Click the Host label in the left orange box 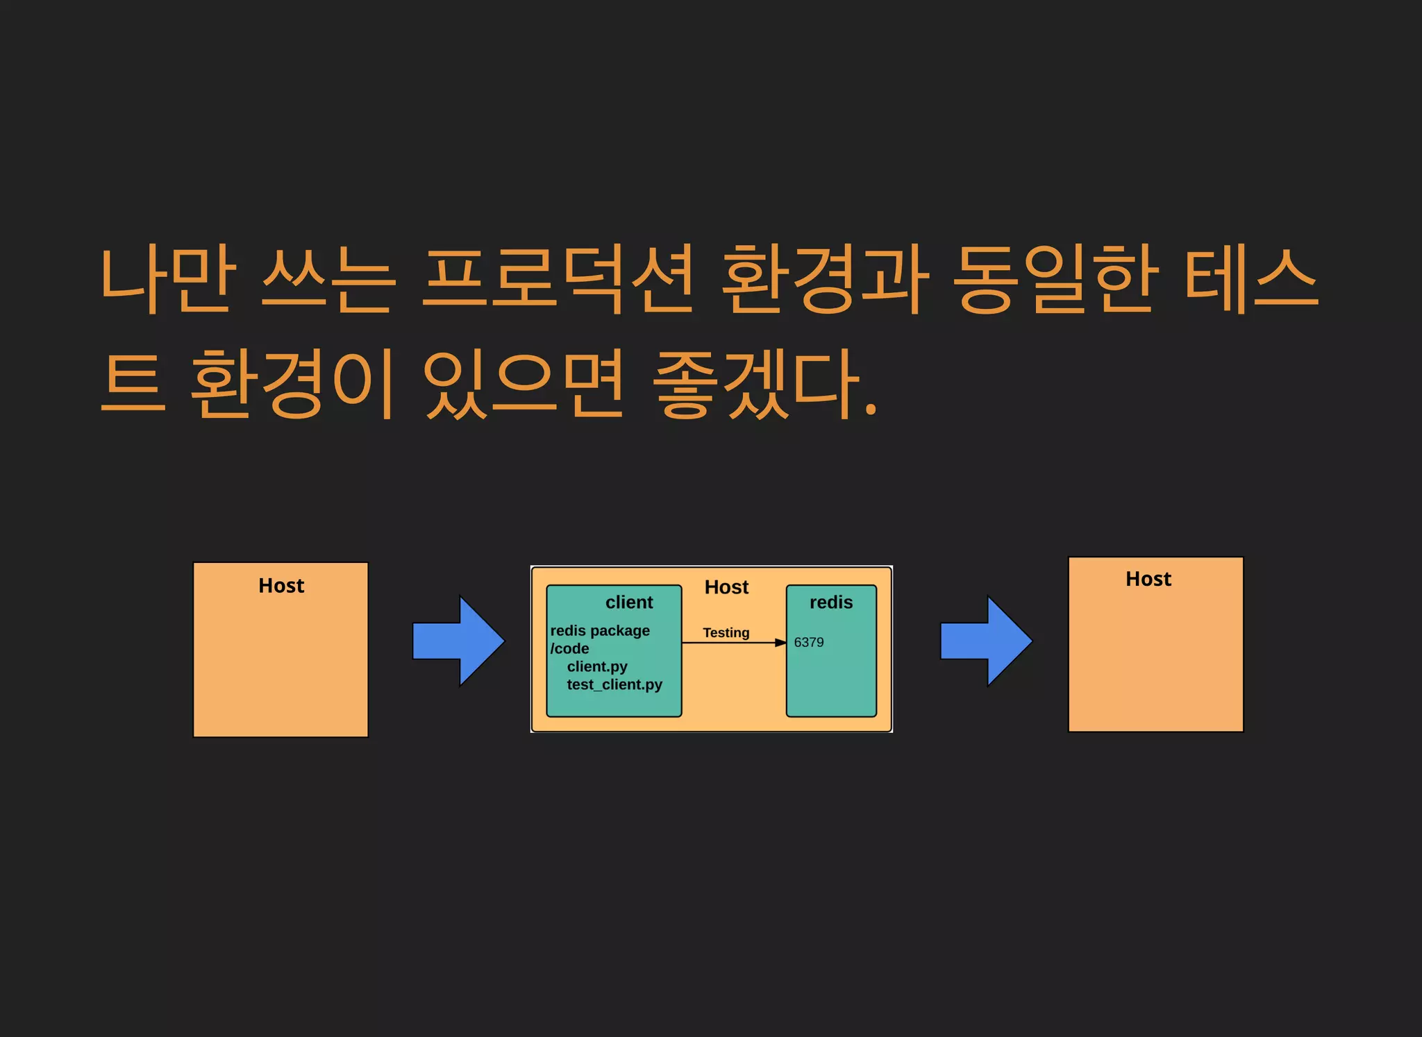(281, 586)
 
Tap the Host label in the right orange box (1148, 579)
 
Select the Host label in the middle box (726, 587)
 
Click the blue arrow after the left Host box (459, 641)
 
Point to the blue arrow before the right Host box (986, 641)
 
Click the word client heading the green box (629, 602)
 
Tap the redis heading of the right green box (831, 602)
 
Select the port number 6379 (809, 643)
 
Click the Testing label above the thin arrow (726, 632)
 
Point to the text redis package (600, 631)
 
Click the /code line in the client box (569, 648)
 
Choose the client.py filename (597, 666)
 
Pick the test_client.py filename (614, 684)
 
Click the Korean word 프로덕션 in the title (559, 279)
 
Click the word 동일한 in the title (1055, 279)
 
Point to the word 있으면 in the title (524, 384)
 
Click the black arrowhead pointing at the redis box (780, 643)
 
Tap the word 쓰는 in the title (328, 279)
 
